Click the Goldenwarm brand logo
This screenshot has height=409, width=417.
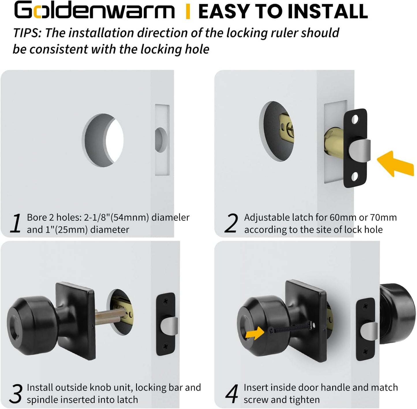click(x=94, y=11)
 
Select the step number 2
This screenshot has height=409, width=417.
click(x=231, y=223)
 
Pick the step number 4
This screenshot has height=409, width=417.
click(x=232, y=394)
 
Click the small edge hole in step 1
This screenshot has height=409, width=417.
click(x=161, y=140)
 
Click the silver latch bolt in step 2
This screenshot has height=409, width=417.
click(x=360, y=151)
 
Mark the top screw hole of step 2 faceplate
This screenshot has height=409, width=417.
click(x=355, y=119)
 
